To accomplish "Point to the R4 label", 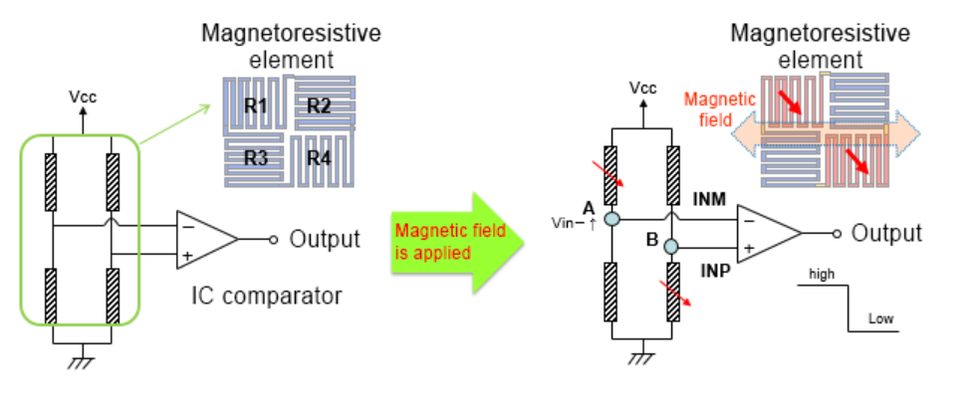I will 319,156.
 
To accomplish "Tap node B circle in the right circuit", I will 673,246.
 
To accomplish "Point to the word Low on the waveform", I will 880,319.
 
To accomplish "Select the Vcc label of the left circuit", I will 83,97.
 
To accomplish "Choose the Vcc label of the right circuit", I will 643,88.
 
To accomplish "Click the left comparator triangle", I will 204,239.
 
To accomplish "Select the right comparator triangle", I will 767,233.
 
